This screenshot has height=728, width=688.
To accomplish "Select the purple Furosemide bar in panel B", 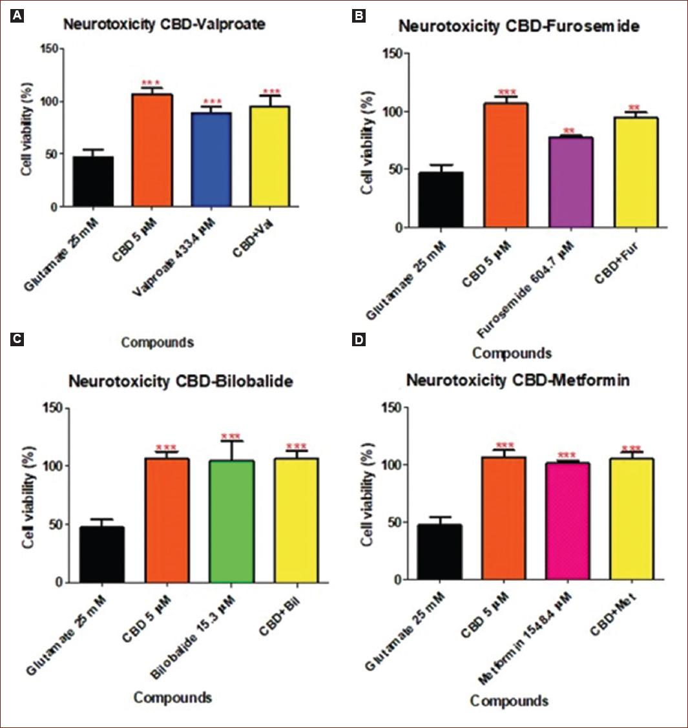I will coord(570,183).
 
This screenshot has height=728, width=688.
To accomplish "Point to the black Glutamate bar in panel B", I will coord(441,200).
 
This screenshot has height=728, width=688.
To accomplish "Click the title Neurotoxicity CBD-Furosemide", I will coord(519,26).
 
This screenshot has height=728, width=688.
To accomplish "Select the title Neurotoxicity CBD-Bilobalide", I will coord(181,381).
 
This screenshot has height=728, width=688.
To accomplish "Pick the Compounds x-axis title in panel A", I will coord(157,342).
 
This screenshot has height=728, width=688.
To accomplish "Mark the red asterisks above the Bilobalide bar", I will coord(231,437).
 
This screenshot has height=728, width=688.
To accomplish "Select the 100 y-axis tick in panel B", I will coord(391,112).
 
